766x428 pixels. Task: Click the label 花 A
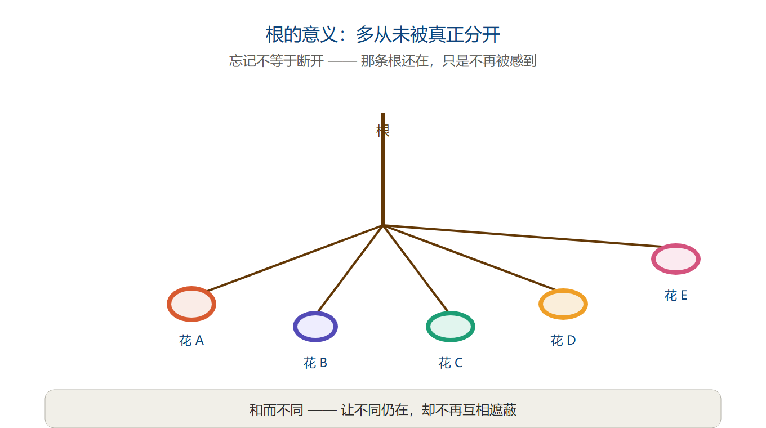[x=191, y=341]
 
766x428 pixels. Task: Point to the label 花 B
[x=315, y=363]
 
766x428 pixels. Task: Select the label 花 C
[x=451, y=363]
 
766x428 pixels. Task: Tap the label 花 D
[x=563, y=341]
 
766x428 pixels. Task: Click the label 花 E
[x=676, y=295]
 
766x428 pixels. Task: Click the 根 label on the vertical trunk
[x=382, y=131]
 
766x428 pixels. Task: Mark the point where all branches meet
[x=383, y=226]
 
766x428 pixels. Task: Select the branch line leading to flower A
[x=296, y=258]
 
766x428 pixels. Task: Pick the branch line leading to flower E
[x=523, y=236]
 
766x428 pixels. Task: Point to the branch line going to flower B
[x=350, y=269]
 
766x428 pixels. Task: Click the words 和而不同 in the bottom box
[x=277, y=410]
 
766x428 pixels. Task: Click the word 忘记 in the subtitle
[x=242, y=61]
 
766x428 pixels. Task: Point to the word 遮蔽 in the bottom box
[x=502, y=410]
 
